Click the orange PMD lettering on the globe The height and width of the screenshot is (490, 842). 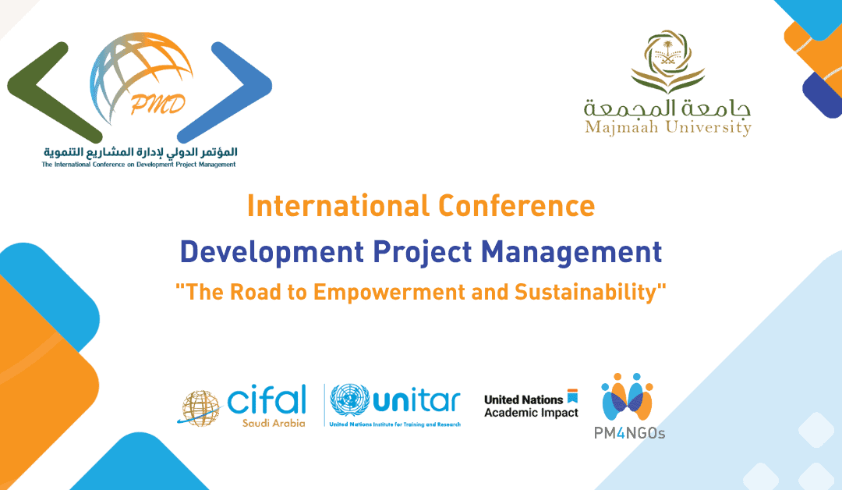pyautogui.click(x=157, y=105)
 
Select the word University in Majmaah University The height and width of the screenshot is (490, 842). pyautogui.click(x=709, y=128)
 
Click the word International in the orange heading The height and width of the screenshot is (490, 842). pyautogui.click(x=338, y=206)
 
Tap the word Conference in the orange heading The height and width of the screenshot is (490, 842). pyautogui.click(x=517, y=206)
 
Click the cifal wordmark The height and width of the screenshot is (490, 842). pyautogui.click(x=267, y=399)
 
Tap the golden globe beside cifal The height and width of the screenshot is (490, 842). pyautogui.click(x=200, y=408)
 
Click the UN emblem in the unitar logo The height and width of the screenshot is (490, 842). pyautogui.click(x=349, y=401)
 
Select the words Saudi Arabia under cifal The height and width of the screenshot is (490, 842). pyautogui.click(x=274, y=424)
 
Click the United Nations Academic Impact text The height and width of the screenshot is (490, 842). pyautogui.click(x=531, y=406)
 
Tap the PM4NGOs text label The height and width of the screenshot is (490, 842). pyautogui.click(x=629, y=433)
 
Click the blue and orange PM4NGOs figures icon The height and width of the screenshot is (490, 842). pyautogui.click(x=627, y=396)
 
